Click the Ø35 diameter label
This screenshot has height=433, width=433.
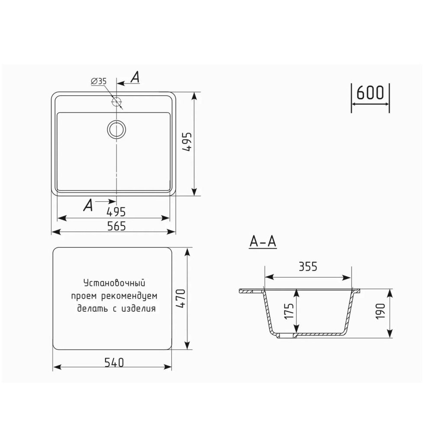pos(99,81)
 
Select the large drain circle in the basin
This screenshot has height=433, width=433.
pos(116,129)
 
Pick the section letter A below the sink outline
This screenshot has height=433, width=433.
pos(88,205)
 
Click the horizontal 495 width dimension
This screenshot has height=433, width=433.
pos(116,212)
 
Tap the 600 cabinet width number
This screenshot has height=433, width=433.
pos(370,93)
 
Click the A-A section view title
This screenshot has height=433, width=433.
pos(263,242)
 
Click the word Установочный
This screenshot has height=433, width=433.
pos(113,284)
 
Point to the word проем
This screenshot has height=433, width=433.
pos(83,297)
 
